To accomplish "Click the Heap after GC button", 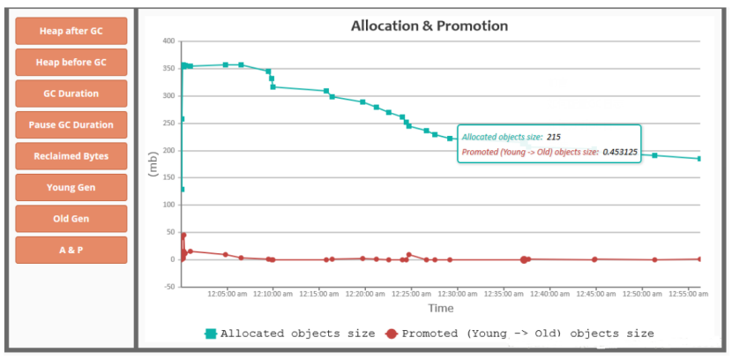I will (x=71, y=31).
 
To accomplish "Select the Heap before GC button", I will (x=71, y=63).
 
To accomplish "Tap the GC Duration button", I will (x=71, y=94).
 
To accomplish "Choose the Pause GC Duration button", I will (x=71, y=125).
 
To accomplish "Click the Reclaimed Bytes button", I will (x=71, y=156).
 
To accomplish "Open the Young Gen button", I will (x=71, y=187).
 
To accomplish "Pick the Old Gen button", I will (x=71, y=219).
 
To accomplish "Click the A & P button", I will (x=71, y=250).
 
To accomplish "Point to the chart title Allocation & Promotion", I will (x=429, y=26).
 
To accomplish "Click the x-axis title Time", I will (x=441, y=309).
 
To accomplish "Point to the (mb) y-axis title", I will (x=152, y=164).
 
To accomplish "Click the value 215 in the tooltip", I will (x=554, y=137).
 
